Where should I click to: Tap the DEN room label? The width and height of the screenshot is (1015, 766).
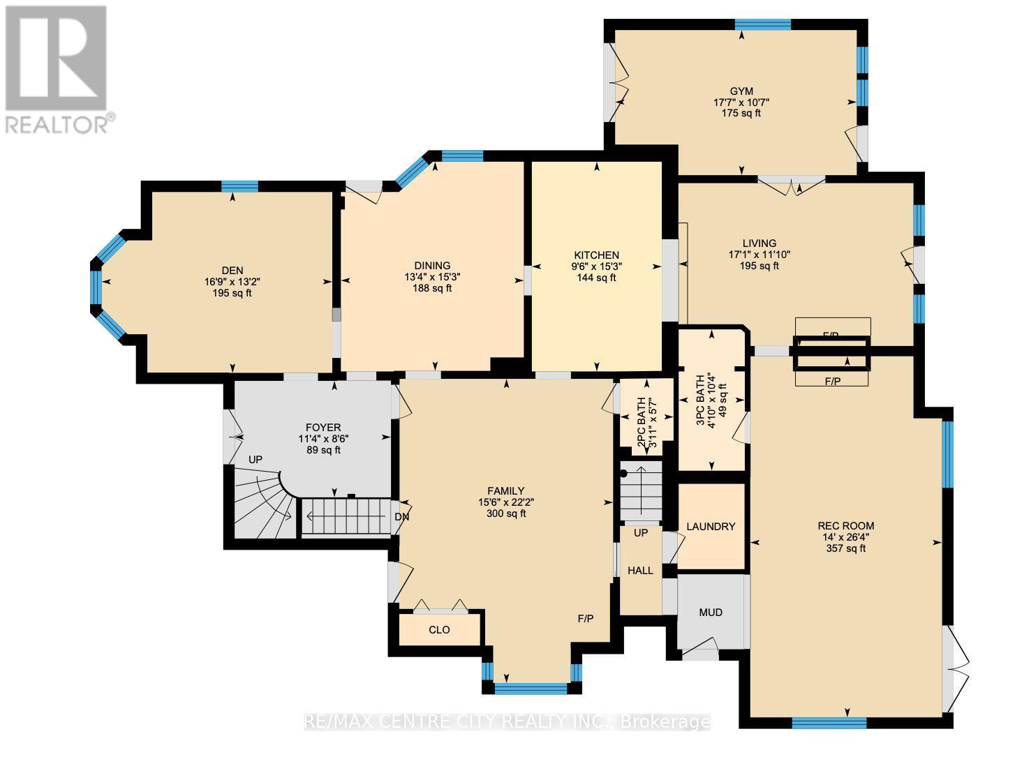(232, 271)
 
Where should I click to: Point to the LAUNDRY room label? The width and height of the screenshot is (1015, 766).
(711, 527)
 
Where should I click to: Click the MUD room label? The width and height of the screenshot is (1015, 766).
(711, 613)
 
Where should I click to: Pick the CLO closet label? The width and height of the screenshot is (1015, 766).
(439, 630)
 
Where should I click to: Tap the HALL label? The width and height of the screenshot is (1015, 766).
(640, 571)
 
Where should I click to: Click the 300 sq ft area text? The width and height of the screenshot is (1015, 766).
(506, 513)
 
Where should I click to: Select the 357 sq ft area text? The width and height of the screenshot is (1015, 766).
(845, 548)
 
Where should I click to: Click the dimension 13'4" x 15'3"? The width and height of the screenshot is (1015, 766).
(432, 277)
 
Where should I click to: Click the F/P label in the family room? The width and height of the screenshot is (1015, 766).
(585, 619)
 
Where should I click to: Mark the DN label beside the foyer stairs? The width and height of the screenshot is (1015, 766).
(401, 517)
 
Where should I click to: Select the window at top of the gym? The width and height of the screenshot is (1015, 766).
(762, 24)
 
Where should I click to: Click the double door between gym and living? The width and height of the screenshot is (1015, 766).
(791, 186)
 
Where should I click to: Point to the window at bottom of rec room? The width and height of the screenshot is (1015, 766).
(829, 723)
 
